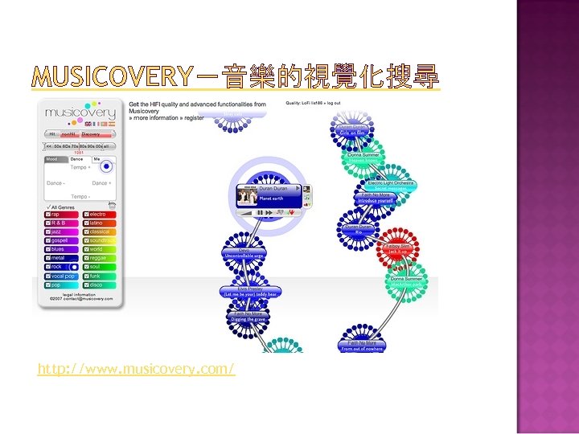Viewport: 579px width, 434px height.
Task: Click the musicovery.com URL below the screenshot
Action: pos(136,369)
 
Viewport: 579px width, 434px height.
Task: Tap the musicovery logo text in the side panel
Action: pos(80,113)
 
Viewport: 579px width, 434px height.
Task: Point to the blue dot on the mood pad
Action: pos(105,167)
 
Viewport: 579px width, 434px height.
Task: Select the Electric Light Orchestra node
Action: pos(391,185)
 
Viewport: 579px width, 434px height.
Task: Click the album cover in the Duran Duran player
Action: pos(246,195)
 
